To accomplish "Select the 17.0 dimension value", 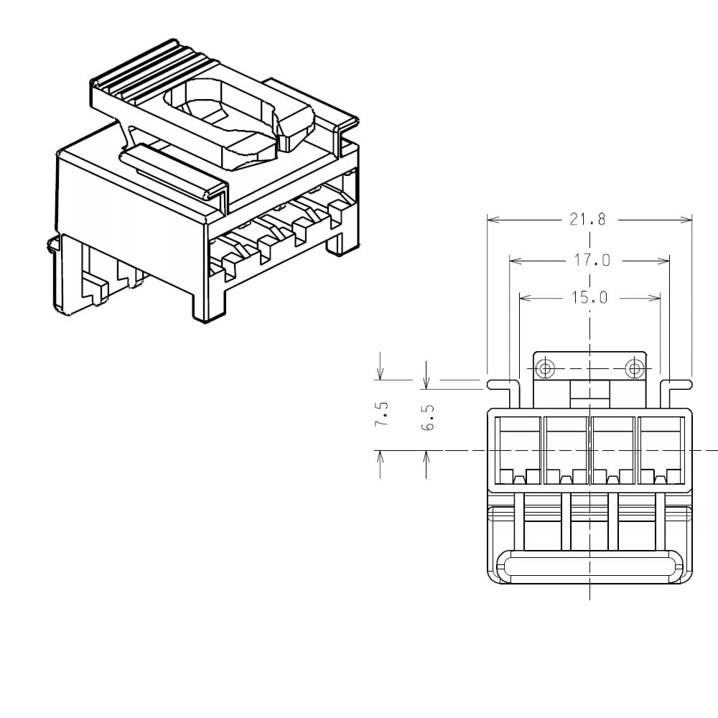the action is (x=592, y=261).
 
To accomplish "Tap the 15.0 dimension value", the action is (x=589, y=298).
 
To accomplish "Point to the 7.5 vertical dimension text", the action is (x=382, y=414).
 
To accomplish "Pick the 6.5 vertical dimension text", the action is (x=427, y=418).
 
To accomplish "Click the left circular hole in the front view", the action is (x=545, y=368).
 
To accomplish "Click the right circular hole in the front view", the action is (x=635, y=368).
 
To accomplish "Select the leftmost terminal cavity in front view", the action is (x=518, y=450).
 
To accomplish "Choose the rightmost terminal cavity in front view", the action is (x=661, y=450).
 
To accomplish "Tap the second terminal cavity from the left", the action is (x=566, y=450).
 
